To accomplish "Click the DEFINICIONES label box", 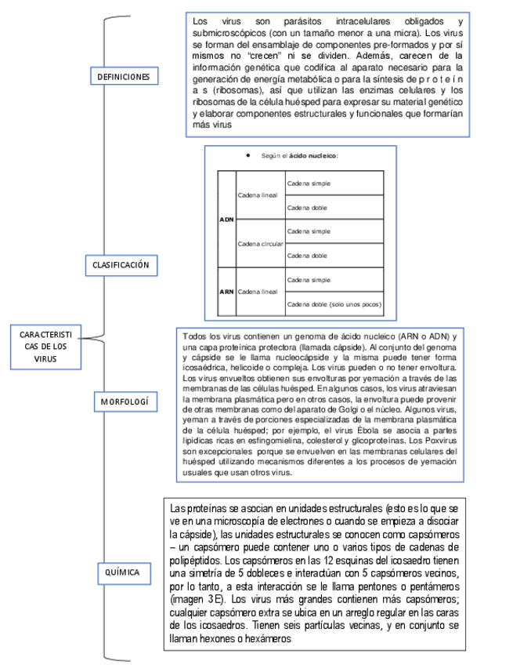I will [124, 76].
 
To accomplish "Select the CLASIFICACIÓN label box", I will [121, 266].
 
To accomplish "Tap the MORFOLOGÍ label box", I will [124, 402].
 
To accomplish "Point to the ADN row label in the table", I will [226, 220].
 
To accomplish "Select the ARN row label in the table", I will [226, 291].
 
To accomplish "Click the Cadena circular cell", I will [260, 244].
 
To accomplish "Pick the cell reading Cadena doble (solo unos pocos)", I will [334, 303].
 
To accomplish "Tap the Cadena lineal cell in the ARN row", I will [257, 291].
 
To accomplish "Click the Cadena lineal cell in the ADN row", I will [257, 194].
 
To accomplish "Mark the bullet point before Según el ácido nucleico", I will [247, 155].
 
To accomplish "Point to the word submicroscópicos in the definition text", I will [229, 34].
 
